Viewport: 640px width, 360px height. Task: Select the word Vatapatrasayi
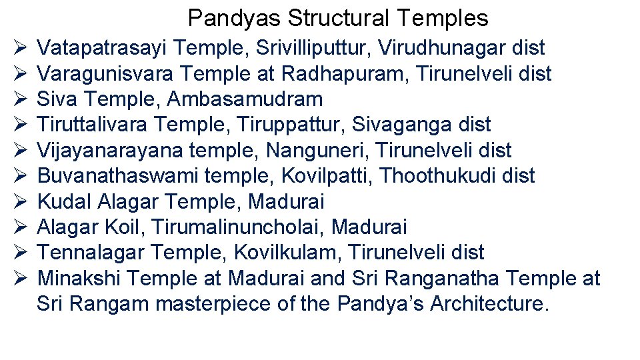point(102,48)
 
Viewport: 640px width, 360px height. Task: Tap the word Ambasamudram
point(245,99)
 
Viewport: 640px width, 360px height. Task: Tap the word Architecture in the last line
point(490,304)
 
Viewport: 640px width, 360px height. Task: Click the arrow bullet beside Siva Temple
point(19,99)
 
